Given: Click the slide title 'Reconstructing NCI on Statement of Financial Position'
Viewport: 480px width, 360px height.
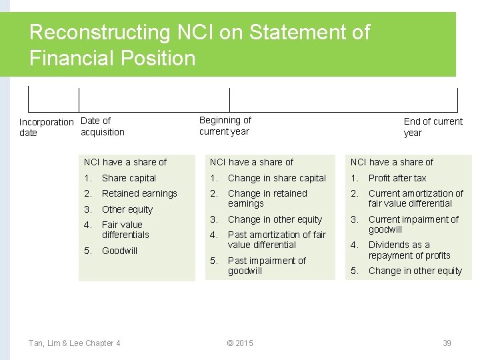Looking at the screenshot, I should [199, 45].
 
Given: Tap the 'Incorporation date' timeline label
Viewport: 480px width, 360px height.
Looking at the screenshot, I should [46, 127].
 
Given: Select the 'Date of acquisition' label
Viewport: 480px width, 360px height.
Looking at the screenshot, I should [102, 127].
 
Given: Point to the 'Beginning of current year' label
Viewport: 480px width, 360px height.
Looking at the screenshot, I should [225, 126].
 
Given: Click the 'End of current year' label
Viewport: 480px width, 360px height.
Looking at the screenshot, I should [433, 127].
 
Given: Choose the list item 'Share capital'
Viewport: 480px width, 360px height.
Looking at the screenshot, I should [129, 178].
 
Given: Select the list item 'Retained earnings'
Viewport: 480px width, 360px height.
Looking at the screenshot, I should [139, 193].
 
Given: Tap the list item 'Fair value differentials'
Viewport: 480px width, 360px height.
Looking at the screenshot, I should [125, 230].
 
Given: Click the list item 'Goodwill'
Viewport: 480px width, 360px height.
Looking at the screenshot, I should [119, 251].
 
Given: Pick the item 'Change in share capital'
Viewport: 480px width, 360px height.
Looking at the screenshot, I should [277, 178].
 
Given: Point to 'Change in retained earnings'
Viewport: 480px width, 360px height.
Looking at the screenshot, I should [267, 199].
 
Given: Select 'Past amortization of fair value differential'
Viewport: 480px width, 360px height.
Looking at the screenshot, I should [277, 240].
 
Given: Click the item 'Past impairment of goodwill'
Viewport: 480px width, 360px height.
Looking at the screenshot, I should [267, 266].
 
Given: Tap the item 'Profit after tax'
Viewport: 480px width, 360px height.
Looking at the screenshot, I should [397, 178].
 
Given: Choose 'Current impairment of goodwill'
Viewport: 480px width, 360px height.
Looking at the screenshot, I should [413, 225].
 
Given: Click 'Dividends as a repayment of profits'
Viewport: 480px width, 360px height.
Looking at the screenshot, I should [409, 250].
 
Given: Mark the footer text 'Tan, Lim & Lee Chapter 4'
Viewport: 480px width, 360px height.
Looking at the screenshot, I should [75, 343].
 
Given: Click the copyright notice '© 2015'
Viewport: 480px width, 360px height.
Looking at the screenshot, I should [240, 343].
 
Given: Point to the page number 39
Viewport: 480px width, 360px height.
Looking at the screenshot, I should [447, 343].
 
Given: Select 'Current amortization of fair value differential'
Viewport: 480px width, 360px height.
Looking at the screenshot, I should [415, 199].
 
